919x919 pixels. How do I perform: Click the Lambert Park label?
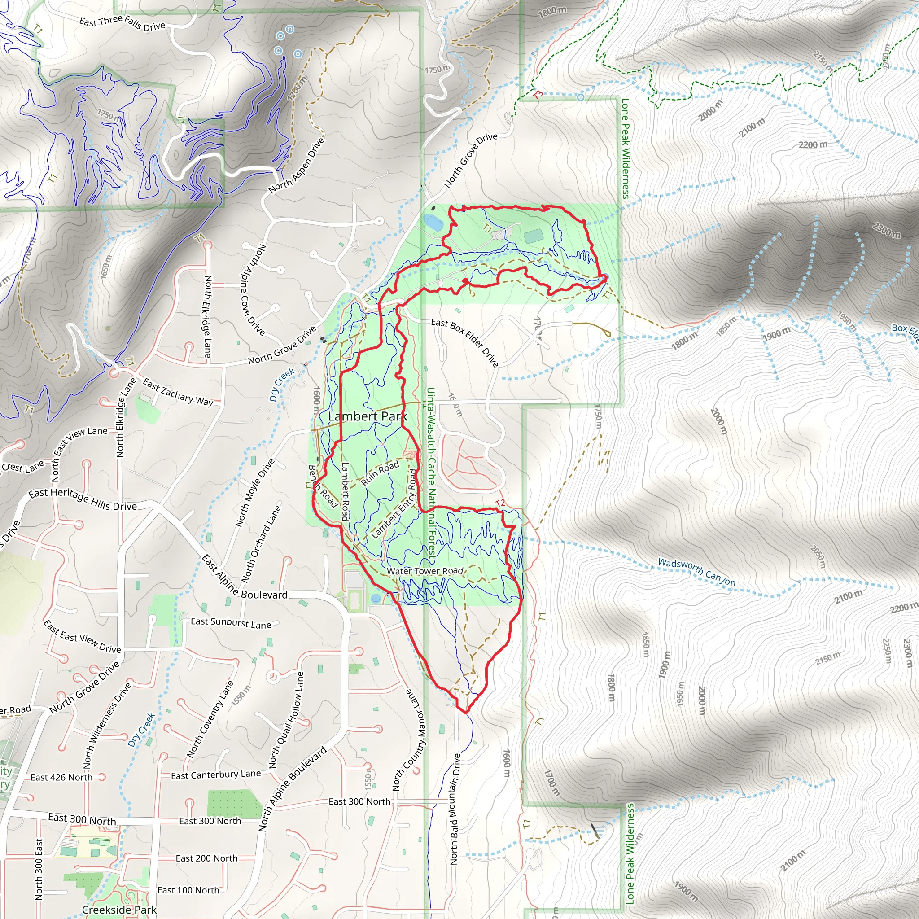point(367,417)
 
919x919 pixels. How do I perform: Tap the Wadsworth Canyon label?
point(696,572)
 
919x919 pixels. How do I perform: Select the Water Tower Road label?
point(425,571)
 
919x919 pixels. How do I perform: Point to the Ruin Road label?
point(380,473)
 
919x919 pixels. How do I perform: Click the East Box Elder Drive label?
point(465,342)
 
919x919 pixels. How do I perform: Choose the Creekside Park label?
point(119,910)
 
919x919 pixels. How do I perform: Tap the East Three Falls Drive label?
point(122,23)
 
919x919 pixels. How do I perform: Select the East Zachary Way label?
point(178,393)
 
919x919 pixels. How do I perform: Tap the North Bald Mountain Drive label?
point(455,809)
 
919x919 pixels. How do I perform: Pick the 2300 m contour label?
point(887,230)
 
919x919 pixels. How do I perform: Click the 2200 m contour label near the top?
point(813,144)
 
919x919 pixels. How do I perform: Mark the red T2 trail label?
point(500,503)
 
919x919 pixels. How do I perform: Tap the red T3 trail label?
point(538,95)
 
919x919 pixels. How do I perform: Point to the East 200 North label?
point(206,858)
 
